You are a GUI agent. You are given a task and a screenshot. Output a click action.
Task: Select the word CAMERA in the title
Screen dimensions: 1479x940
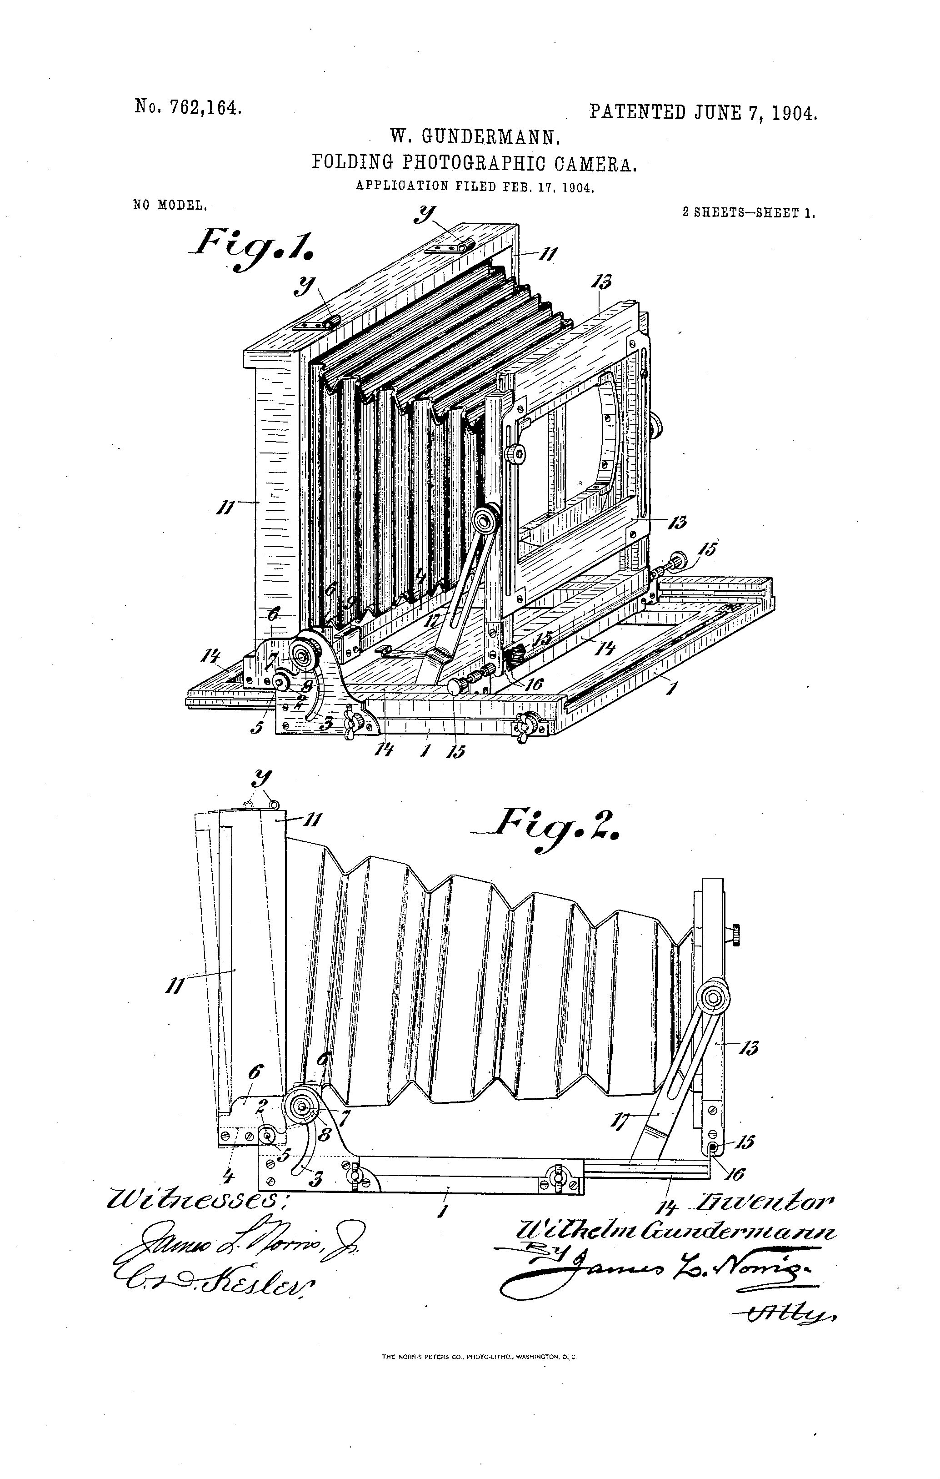(x=595, y=163)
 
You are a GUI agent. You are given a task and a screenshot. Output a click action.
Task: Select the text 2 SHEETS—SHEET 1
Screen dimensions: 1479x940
(x=749, y=213)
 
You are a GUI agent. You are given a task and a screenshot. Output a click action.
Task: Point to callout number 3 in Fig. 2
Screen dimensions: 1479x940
(x=317, y=1179)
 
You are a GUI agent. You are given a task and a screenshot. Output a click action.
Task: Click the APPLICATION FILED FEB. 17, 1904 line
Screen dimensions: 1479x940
(x=475, y=186)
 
